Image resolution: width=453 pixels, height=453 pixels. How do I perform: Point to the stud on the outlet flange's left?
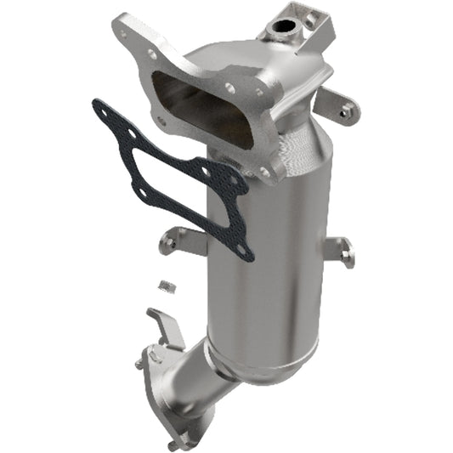pos(139,364)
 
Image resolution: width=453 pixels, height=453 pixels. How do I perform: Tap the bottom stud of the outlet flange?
pos(174,443)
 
